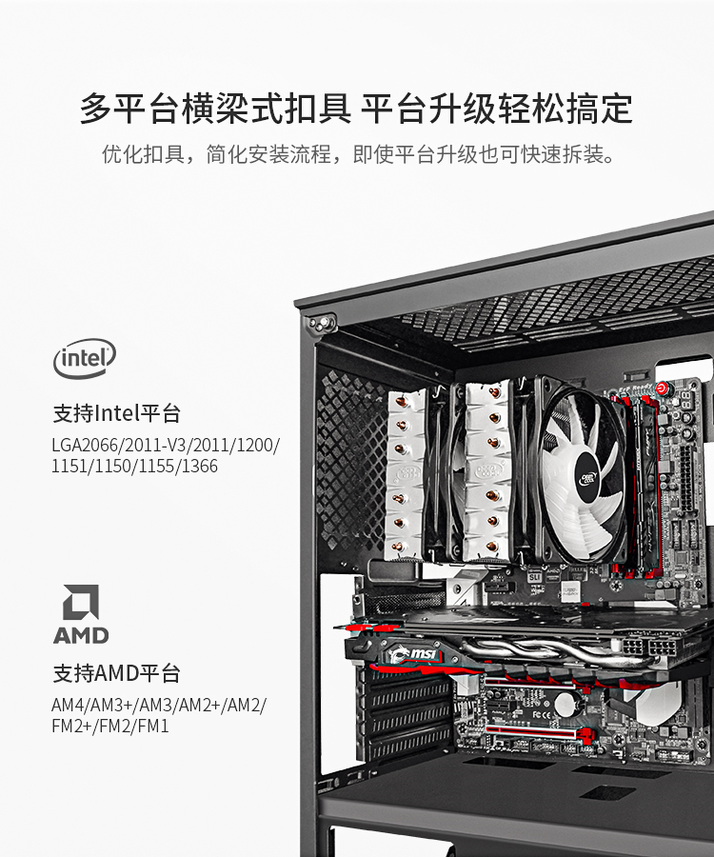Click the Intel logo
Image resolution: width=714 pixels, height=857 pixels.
(85, 358)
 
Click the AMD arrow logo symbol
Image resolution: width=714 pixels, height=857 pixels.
(82, 602)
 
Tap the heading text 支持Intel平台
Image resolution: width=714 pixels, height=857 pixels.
(116, 413)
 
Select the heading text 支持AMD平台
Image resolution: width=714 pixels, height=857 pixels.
(116, 673)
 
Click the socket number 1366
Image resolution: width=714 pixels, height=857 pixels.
(199, 467)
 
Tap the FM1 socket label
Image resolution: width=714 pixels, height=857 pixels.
(153, 726)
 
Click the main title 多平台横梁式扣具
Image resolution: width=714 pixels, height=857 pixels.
(216, 109)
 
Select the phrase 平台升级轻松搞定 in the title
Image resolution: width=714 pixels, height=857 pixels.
(497, 109)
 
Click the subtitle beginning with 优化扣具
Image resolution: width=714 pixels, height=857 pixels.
(358, 154)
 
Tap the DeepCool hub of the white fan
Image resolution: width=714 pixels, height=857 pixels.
(588, 478)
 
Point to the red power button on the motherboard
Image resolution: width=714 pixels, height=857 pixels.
(662, 389)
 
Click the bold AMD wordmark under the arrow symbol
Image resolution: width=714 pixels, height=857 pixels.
(82, 635)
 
